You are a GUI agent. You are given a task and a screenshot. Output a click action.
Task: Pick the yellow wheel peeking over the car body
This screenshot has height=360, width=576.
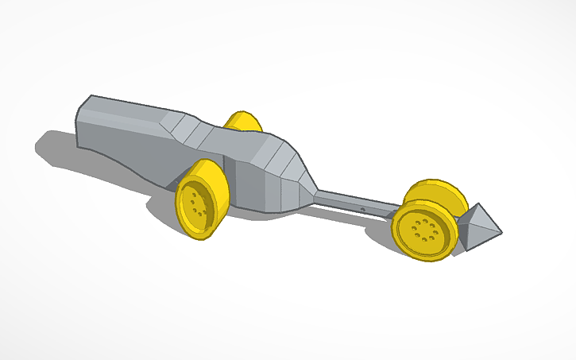[243, 121]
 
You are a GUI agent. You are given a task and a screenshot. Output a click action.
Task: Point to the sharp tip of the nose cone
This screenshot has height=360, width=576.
[501, 232]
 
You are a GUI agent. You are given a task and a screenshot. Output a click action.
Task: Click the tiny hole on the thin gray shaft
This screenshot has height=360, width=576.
[363, 208]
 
